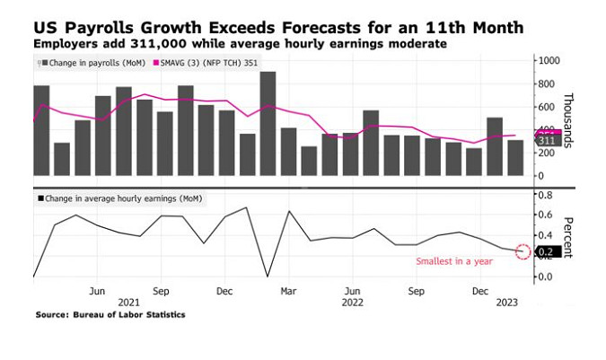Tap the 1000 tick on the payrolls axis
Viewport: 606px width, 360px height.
549,60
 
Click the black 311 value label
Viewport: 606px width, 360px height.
547,142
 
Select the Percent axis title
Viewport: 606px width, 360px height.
568,235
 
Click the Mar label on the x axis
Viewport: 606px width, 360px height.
289,292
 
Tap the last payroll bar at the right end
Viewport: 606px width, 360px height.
515,158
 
